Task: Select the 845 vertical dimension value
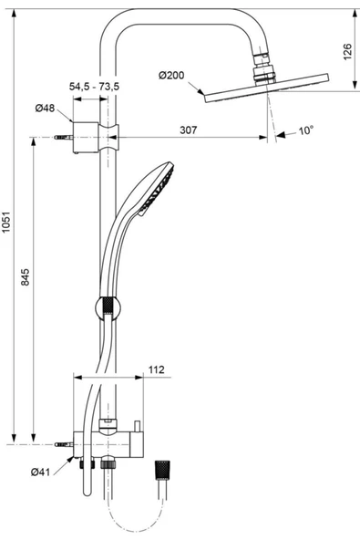(26, 275)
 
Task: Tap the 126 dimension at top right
(347, 53)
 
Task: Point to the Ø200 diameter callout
(172, 75)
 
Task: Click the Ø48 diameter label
(46, 108)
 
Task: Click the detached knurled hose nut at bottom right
(163, 469)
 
